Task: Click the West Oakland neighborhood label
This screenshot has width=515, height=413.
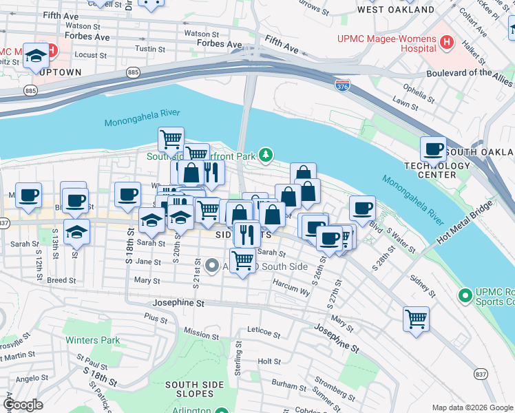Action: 395,10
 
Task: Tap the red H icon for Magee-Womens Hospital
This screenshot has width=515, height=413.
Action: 447,42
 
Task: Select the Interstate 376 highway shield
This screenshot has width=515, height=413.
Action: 342,85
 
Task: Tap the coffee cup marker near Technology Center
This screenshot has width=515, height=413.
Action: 434,149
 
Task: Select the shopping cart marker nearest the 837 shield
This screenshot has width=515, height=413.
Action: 416,319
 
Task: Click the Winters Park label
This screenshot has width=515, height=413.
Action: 92,340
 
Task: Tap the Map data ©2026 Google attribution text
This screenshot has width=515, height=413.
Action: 472,407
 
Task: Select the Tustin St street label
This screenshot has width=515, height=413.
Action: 149,49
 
